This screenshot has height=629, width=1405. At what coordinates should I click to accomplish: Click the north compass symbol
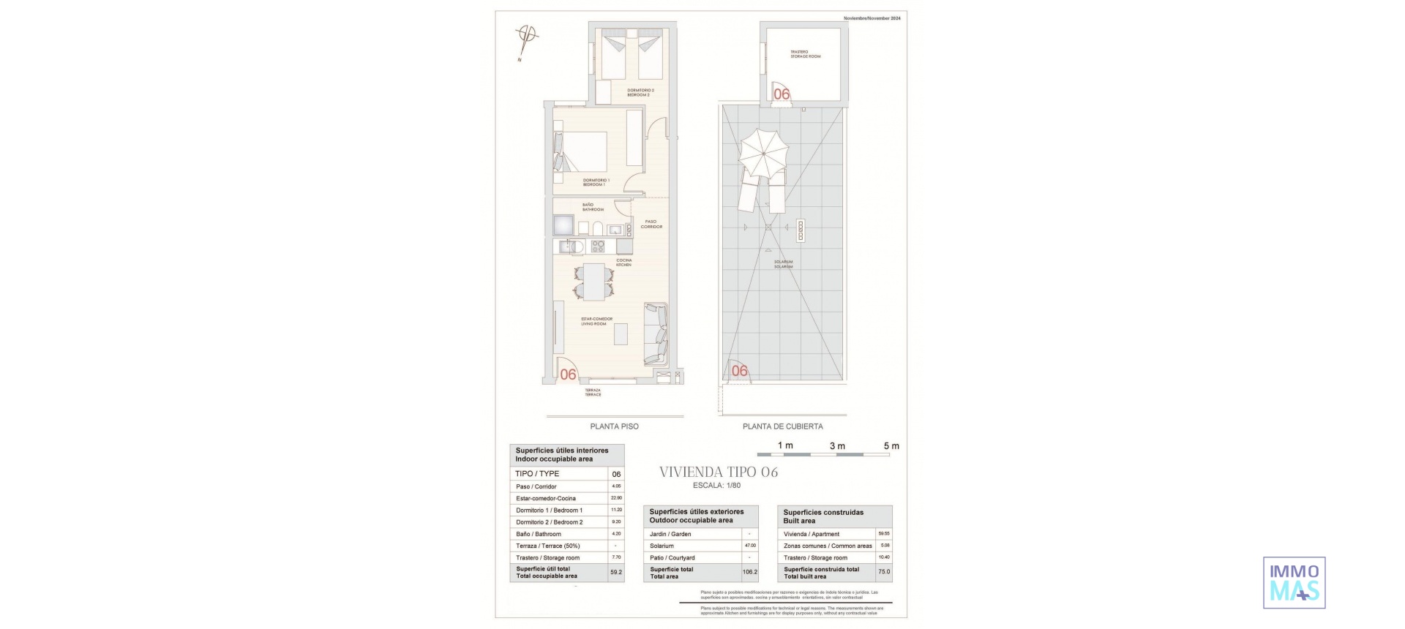[x=527, y=35]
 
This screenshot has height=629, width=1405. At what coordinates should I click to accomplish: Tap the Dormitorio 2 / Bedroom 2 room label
[x=640, y=93]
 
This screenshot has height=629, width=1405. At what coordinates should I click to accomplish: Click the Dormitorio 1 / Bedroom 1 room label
[x=596, y=182]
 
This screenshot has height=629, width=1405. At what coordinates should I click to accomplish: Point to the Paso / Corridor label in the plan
[x=651, y=224]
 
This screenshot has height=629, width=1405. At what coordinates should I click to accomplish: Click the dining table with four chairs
[x=593, y=282]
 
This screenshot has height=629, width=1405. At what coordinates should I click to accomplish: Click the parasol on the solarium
[x=763, y=154]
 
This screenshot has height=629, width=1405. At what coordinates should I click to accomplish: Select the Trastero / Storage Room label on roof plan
[x=805, y=54]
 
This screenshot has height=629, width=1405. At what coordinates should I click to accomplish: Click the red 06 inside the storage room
[x=782, y=94]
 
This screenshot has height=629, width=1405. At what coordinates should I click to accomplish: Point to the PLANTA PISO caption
[x=614, y=426]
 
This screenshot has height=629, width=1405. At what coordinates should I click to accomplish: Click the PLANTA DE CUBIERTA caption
[x=782, y=426]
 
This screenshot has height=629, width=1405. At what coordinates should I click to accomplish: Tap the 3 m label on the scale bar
[x=837, y=446]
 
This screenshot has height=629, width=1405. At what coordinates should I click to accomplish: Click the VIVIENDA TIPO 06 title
[x=719, y=472]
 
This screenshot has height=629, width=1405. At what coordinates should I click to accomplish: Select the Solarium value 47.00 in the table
[x=750, y=546]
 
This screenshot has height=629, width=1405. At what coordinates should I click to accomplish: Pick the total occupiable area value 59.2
[x=616, y=572]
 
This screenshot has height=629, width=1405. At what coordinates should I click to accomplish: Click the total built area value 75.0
[x=884, y=572]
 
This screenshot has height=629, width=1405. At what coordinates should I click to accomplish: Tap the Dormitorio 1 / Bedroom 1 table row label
[x=549, y=511]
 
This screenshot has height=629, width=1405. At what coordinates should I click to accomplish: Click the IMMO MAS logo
[x=1294, y=582]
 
